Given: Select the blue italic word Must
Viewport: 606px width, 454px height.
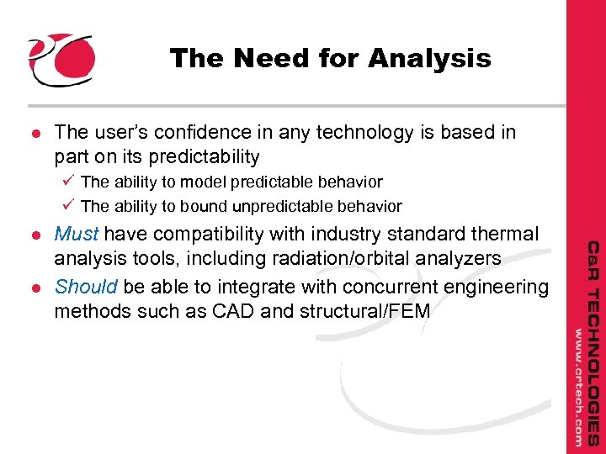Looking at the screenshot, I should pos(77,233).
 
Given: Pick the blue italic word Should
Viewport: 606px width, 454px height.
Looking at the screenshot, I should pos(86,287).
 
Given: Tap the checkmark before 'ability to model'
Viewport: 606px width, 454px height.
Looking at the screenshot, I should pos(69,182).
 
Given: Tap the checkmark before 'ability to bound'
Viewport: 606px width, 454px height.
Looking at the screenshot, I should pos(69,206).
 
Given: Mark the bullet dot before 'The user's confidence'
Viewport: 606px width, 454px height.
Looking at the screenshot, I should pos(34,133).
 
